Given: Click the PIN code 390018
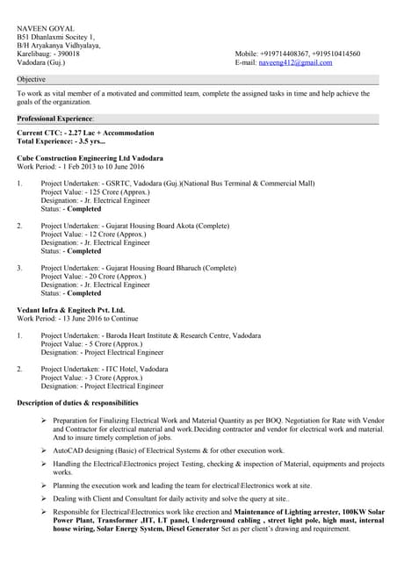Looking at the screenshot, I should tap(65, 54).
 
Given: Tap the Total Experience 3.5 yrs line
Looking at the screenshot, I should tap(61, 141).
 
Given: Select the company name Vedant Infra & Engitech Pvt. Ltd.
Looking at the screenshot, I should tap(70, 310).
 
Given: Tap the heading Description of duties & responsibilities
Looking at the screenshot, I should tap(78, 402).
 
